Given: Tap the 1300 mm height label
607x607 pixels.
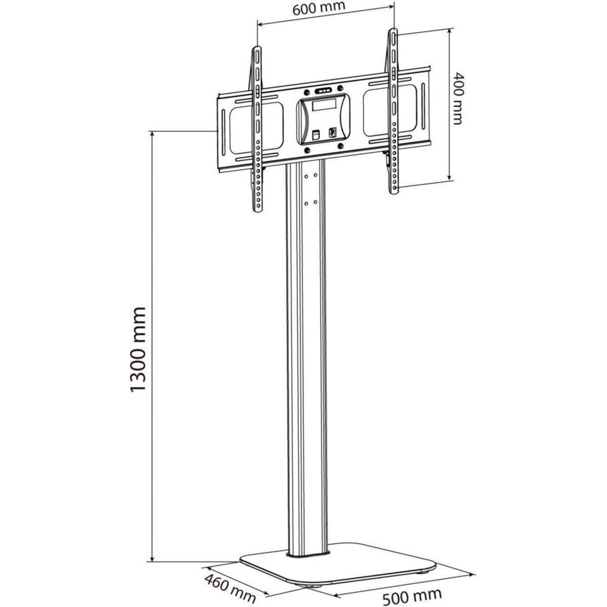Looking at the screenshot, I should click(x=137, y=349).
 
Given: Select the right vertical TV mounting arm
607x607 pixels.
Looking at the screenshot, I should click(x=393, y=111).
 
